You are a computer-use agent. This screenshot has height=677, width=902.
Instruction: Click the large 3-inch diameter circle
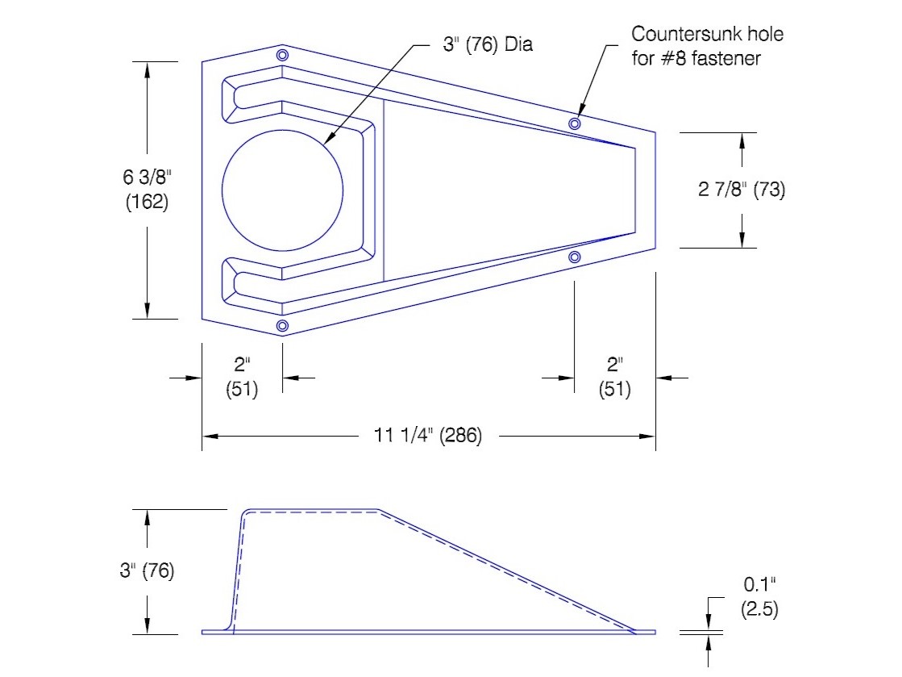tap(222, 190)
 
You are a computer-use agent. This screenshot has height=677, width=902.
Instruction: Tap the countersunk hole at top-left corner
tap(282, 55)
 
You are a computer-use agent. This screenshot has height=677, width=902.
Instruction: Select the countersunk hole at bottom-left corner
tap(282, 326)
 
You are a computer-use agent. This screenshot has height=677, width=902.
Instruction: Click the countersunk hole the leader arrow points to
tap(574, 123)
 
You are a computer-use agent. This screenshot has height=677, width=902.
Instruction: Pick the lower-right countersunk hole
tap(574, 257)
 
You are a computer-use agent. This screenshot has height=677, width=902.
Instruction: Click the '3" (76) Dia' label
tap(488, 44)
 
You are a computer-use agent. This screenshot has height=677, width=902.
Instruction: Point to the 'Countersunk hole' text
tap(708, 34)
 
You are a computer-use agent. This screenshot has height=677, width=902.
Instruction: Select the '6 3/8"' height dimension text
tap(148, 177)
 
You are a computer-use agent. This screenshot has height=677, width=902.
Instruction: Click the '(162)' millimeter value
tap(148, 202)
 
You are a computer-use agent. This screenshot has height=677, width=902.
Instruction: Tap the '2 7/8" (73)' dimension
tap(742, 189)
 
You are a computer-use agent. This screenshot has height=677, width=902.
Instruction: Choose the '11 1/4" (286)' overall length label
tap(428, 435)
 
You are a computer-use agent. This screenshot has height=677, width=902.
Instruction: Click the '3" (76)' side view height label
tap(147, 570)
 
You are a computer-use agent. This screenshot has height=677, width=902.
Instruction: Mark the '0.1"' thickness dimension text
tap(759, 584)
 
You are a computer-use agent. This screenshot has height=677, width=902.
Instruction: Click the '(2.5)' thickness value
tap(759, 609)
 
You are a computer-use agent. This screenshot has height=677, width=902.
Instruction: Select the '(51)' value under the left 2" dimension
tap(242, 389)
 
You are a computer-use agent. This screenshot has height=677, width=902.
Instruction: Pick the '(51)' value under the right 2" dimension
tap(614, 389)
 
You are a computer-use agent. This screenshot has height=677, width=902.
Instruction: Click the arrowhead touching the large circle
tap(329, 139)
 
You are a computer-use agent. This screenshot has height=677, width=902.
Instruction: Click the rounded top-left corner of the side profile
tap(244, 513)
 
